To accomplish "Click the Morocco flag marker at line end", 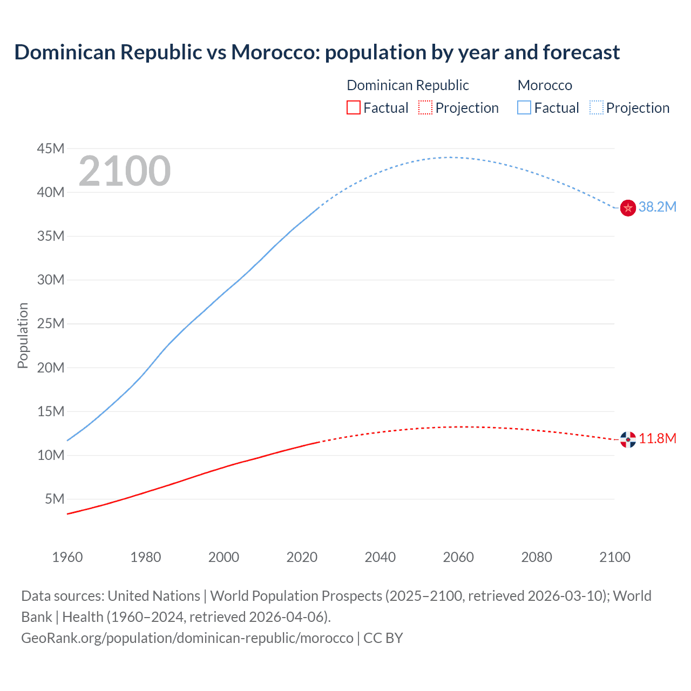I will [x=628, y=207].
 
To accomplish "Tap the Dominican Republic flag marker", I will [x=628, y=439].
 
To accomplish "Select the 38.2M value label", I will [x=657, y=207].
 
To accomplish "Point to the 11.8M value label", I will [x=658, y=438].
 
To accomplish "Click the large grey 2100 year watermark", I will [x=125, y=171].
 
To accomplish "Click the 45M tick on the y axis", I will [x=50, y=148].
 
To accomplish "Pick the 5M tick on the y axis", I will [x=55, y=499].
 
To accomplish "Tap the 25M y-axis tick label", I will [x=50, y=324].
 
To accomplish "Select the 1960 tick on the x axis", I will [x=67, y=557].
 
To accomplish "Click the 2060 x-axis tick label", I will [x=458, y=557].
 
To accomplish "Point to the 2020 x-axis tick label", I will [x=302, y=557].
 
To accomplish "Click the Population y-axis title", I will [x=23, y=335].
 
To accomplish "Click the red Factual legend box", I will [x=354, y=108].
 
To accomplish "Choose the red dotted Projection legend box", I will [x=425, y=108].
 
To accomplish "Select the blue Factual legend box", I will [x=524, y=108].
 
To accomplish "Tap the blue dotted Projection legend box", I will [x=597, y=108].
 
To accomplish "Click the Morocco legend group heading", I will [x=545, y=85].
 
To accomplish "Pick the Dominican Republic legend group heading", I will [x=408, y=85].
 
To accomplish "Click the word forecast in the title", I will [x=581, y=52].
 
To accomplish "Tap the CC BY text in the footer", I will [x=383, y=638].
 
